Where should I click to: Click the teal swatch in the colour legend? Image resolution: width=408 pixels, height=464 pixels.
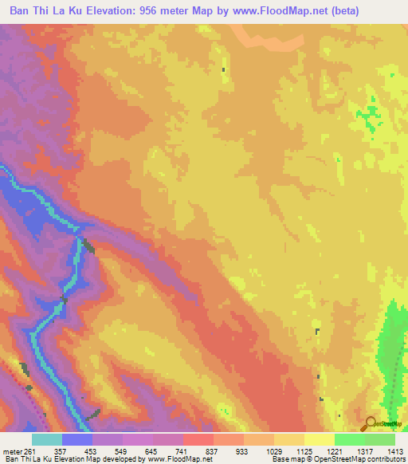[x=47, y=439]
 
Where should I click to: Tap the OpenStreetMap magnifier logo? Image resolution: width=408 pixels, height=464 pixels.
[x=369, y=424]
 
